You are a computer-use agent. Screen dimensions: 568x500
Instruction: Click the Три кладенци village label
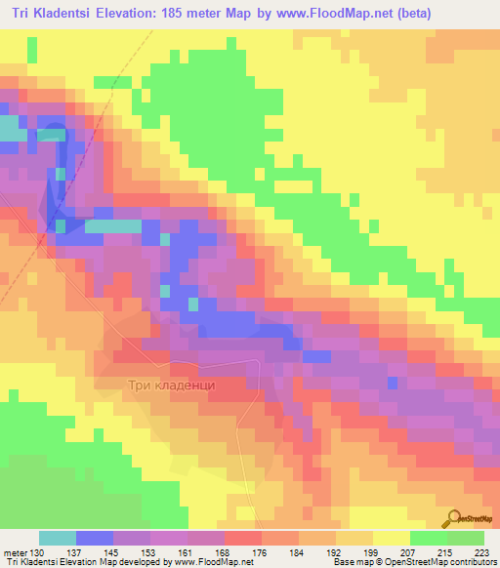(x=171, y=385)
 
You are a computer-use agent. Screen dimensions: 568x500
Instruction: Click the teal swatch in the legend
(x=57, y=538)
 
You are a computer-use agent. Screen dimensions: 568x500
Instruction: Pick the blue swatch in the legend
(x=94, y=538)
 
